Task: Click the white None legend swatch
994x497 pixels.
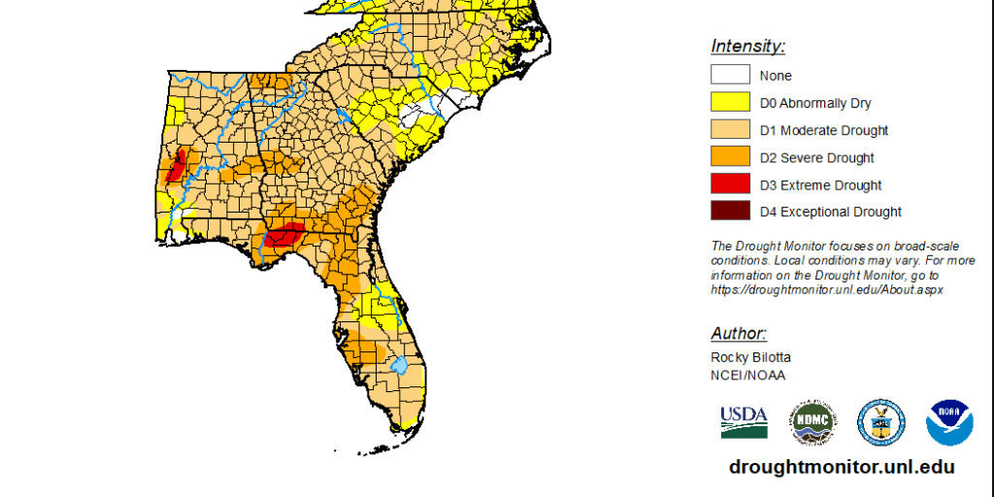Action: click(x=730, y=75)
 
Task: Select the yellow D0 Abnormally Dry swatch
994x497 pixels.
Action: click(x=730, y=102)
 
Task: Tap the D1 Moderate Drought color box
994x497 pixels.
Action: click(x=730, y=129)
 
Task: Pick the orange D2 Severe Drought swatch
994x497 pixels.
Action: click(x=730, y=157)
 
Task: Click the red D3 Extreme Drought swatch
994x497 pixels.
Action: click(x=730, y=184)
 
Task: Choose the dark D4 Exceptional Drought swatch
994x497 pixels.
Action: click(x=730, y=212)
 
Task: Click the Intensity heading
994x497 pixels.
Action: click(x=747, y=46)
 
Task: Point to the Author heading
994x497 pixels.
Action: click(x=739, y=333)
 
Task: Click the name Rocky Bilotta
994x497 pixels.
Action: click(x=750, y=357)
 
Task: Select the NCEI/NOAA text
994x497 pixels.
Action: click(x=747, y=375)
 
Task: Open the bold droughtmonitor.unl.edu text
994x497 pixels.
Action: click(x=842, y=467)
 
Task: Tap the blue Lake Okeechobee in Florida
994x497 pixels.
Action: click(x=398, y=366)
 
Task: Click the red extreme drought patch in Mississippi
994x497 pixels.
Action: click(x=176, y=167)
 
